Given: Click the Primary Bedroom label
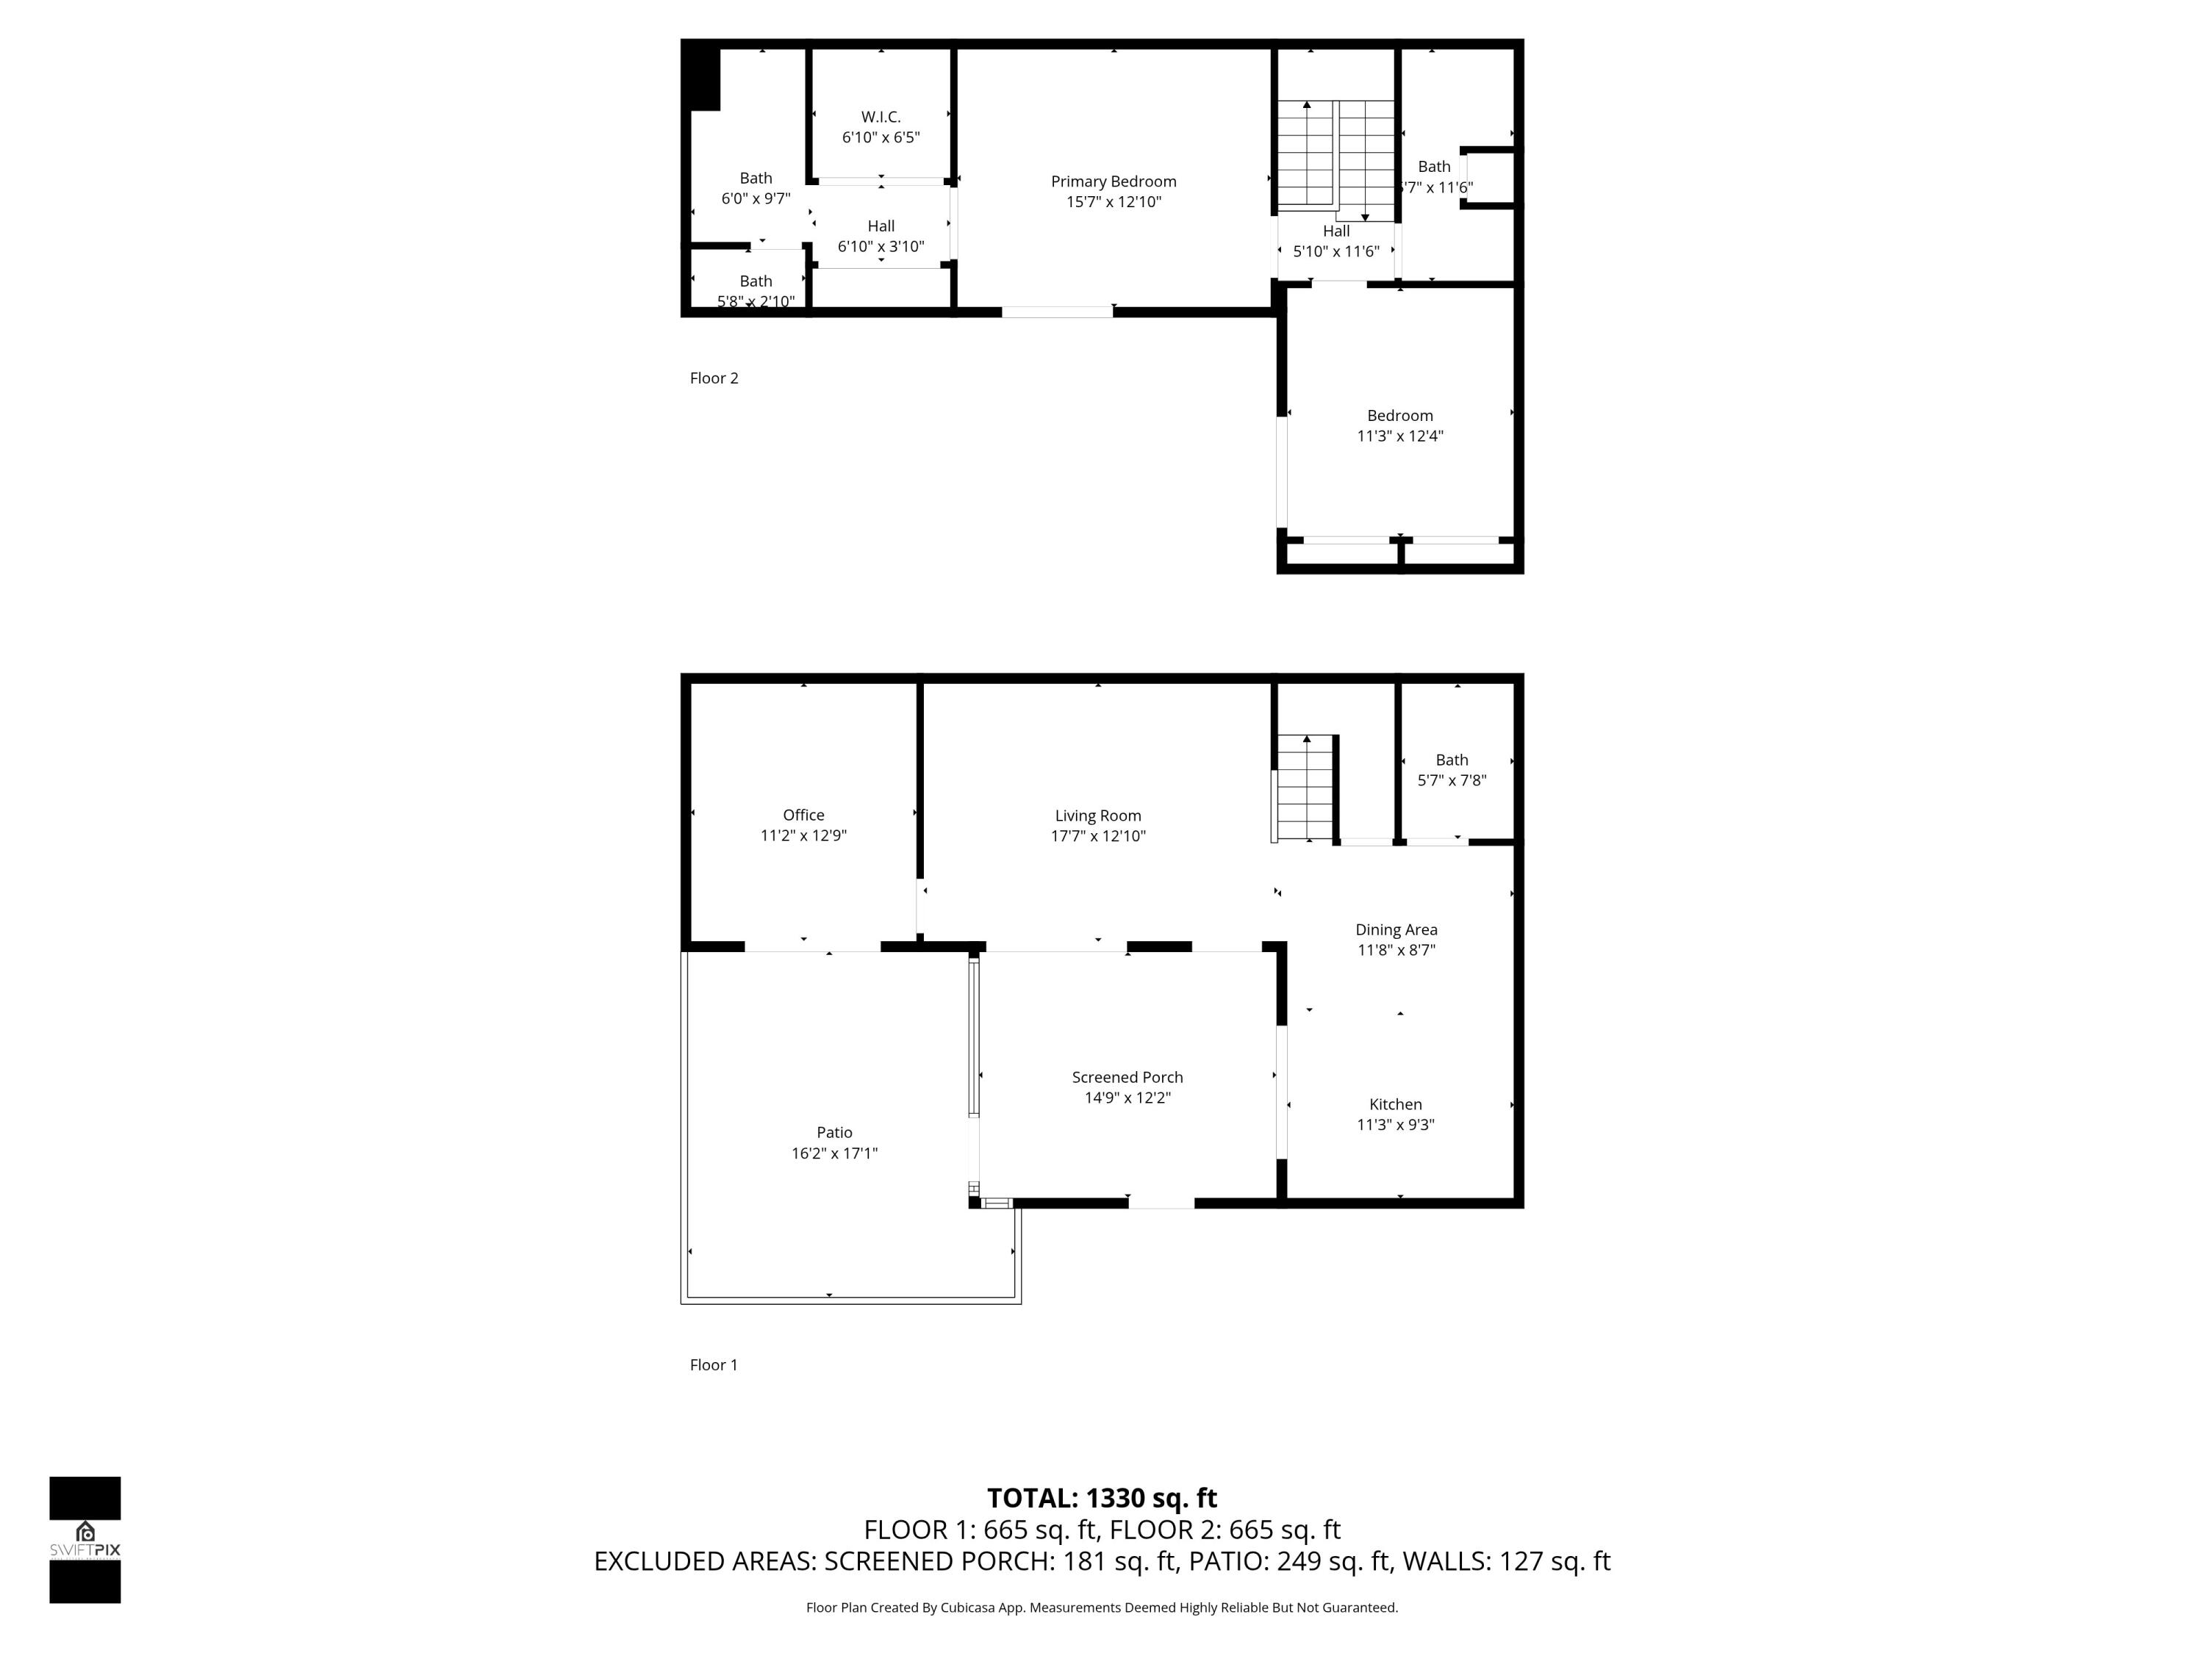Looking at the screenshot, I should [1114, 181].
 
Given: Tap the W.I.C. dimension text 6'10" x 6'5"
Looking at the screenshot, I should [881, 137].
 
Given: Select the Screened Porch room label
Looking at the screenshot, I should [1127, 1077].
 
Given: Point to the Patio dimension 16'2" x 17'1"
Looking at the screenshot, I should [834, 1154].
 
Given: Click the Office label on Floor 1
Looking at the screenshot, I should [803, 815].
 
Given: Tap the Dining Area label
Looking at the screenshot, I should [1396, 929].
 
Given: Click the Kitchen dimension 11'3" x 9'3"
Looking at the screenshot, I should [1396, 1125].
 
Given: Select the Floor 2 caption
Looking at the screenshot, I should [714, 378].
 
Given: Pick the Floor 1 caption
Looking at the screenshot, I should [714, 1365].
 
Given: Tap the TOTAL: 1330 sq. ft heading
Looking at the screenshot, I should [1102, 1499].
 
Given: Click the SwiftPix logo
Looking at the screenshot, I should [85, 1539].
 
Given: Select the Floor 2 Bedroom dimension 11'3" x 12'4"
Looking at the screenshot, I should [1399, 436].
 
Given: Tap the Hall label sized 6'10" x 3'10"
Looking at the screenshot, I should [881, 226].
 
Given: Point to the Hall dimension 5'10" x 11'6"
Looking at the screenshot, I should [1335, 251].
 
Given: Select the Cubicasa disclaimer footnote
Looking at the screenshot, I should [1102, 1607].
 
